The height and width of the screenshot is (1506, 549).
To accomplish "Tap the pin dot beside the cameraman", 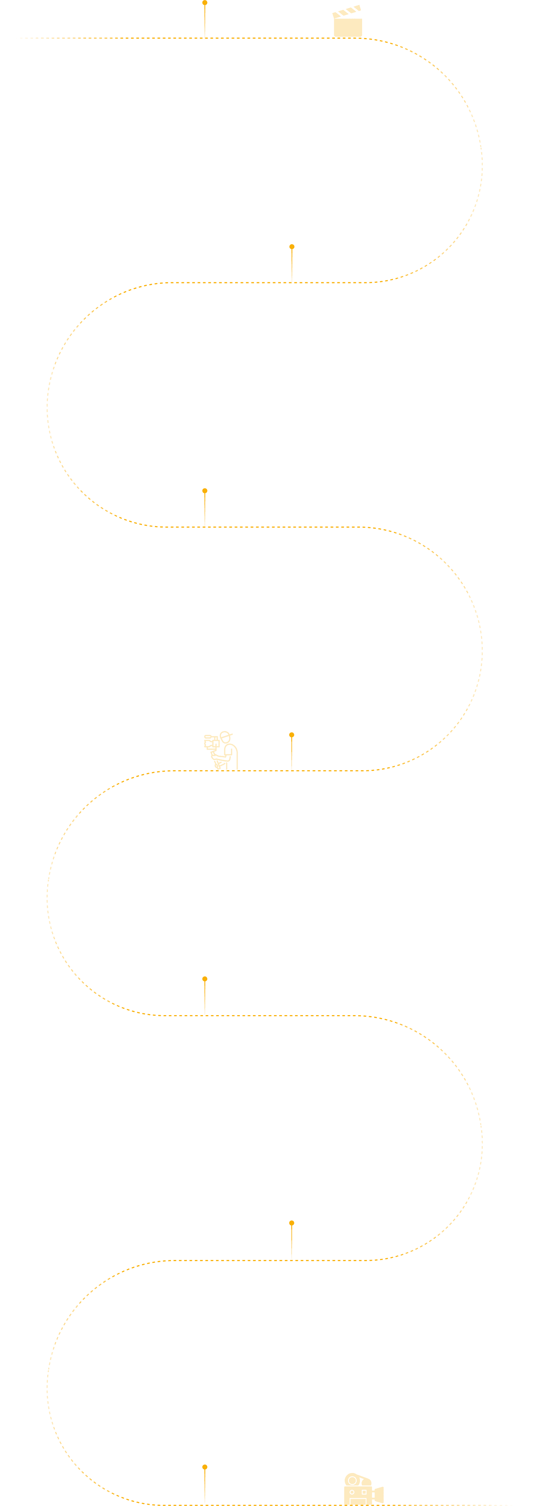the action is [292, 735].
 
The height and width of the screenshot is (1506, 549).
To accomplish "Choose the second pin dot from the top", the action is [292, 247].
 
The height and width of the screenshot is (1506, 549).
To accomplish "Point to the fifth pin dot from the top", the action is [205, 979].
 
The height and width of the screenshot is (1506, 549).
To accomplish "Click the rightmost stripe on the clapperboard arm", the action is [357, 8].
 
